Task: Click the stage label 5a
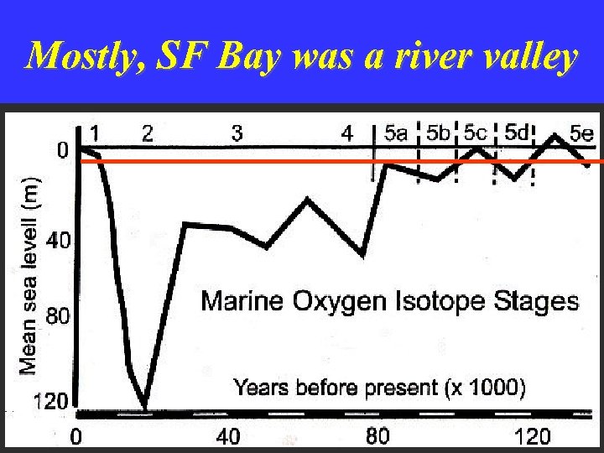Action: (x=397, y=133)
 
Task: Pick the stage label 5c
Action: (x=475, y=133)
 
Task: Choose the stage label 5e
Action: (x=581, y=133)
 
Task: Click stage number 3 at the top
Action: (x=237, y=133)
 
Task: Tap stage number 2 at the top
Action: (x=148, y=133)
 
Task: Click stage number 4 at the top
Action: (x=347, y=133)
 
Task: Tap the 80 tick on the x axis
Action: (x=378, y=435)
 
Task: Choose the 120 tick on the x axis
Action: (x=532, y=435)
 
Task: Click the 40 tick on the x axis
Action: (x=228, y=435)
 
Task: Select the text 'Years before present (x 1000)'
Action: (x=379, y=388)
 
